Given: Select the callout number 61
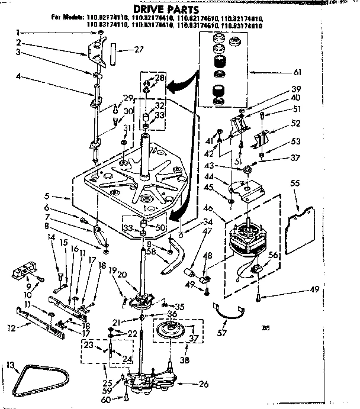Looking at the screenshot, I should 297,73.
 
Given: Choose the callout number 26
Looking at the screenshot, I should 203,384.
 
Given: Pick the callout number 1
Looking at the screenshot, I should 18,32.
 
